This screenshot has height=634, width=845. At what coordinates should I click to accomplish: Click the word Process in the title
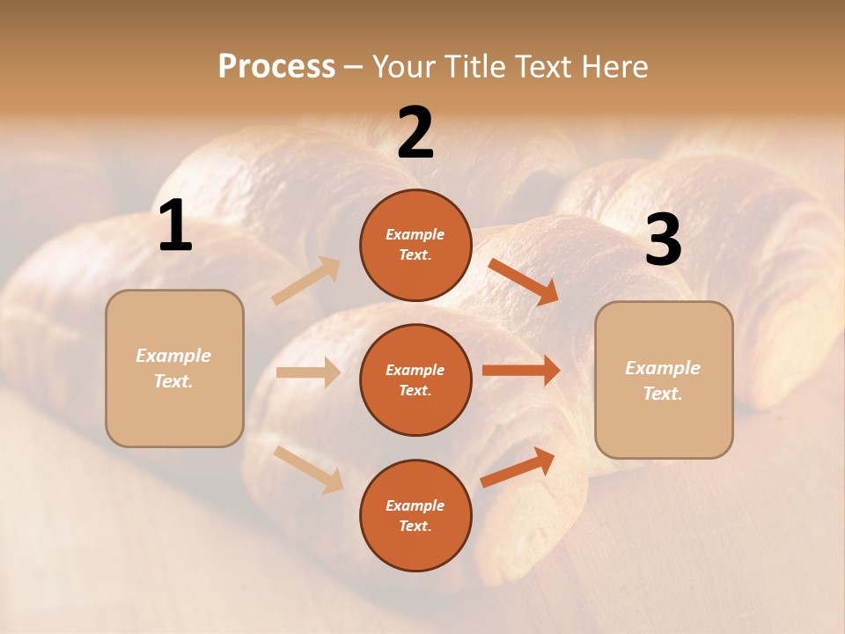(x=276, y=67)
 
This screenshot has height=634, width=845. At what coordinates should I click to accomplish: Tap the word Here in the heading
(x=614, y=67)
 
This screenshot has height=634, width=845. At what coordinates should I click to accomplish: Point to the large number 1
(x=175, y=226)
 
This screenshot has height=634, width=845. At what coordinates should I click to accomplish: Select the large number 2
(x=415, y=133)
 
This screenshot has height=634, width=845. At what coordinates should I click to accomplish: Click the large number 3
(x=663, y=240)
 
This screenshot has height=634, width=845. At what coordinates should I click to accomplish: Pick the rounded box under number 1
(x=174, y=368)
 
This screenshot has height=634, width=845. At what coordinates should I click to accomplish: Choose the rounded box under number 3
(x=664, y=380)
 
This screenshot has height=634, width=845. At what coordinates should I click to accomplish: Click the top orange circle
(x=415, y=245)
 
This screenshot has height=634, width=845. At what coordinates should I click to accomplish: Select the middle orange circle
(x=415, y=380)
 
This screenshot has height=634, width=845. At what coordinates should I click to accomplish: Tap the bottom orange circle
(x=415, y=515)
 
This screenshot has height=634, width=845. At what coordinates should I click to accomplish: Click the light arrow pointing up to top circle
(x=306, y=281)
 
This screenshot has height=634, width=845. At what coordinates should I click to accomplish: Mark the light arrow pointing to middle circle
(x=308, y=372)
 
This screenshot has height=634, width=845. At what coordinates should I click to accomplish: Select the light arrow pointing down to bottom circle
(x=308, y=468)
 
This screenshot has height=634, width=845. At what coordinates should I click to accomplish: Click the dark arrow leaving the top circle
(x=524, y=282)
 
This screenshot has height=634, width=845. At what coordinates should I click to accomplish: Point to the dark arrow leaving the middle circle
(x=521, y=371)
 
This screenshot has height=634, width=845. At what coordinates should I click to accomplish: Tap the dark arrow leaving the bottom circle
(x=518, y=468)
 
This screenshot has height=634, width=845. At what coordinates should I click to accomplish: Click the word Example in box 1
(x=173, y=356)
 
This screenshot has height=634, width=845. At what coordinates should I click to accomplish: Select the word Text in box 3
(x=662, y=394)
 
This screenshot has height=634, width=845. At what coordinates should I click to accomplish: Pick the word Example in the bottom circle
(x=415, y=505)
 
